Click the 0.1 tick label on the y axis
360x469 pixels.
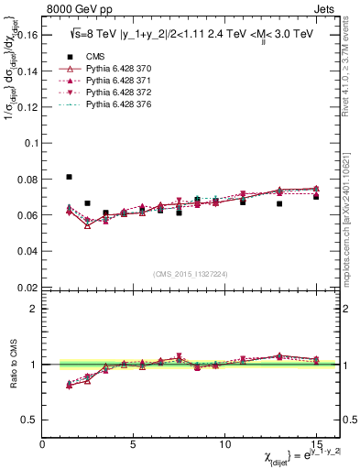[x=32, y=144]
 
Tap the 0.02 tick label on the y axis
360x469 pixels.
[x=28, y=287]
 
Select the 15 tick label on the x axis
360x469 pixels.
[x=315, y=444]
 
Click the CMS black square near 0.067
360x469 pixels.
[x=88, y=203]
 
